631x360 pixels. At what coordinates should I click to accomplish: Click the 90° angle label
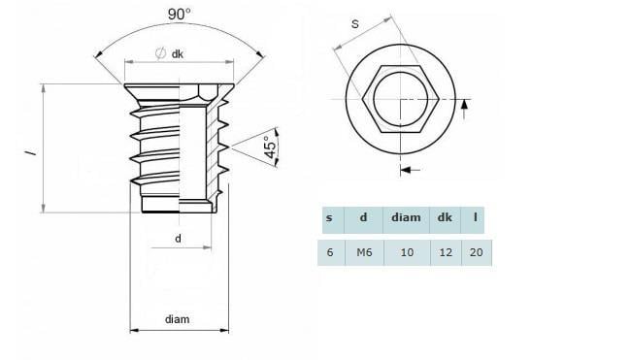179,15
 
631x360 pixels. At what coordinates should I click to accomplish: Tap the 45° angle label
271,147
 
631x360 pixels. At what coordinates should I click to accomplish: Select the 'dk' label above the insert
178,54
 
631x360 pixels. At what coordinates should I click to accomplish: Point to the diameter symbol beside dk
160,53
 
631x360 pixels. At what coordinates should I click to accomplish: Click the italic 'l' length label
31,153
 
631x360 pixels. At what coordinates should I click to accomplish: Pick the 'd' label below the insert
178,239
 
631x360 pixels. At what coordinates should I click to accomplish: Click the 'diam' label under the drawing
177,319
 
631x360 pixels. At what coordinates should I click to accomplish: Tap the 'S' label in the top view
354,24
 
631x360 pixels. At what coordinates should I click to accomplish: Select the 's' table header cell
333,220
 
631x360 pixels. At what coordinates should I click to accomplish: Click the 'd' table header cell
363,220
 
